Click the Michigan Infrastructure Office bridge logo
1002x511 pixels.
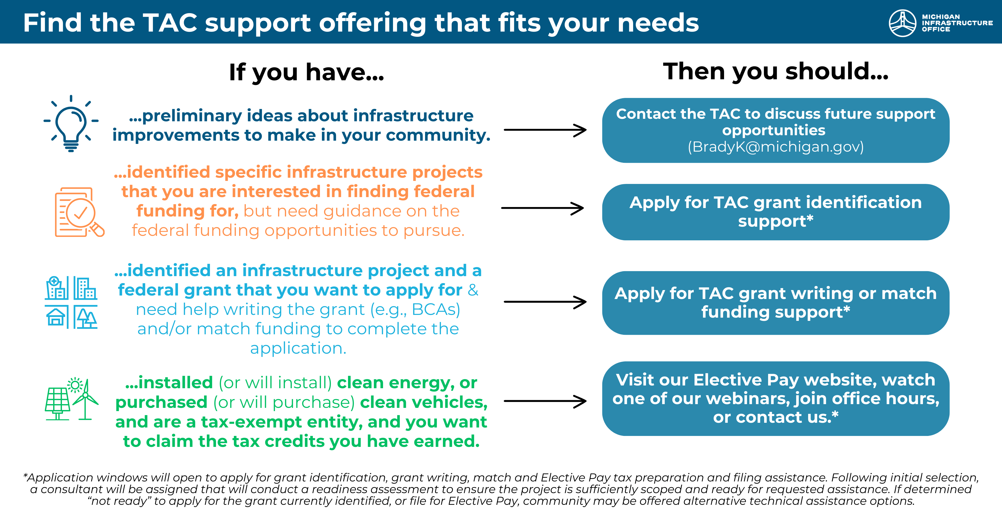(x=902, y=23)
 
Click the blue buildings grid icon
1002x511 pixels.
(x=71, y=302)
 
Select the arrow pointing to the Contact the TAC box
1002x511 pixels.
(x=545, y=130)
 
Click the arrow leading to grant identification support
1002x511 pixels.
(x=543, y=208)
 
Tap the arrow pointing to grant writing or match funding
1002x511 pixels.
(x=545, y=302)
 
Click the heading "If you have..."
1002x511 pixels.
(x=306, y=72)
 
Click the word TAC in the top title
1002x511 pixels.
(x=170, y=23)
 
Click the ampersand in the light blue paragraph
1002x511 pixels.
(x=473, y=290)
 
